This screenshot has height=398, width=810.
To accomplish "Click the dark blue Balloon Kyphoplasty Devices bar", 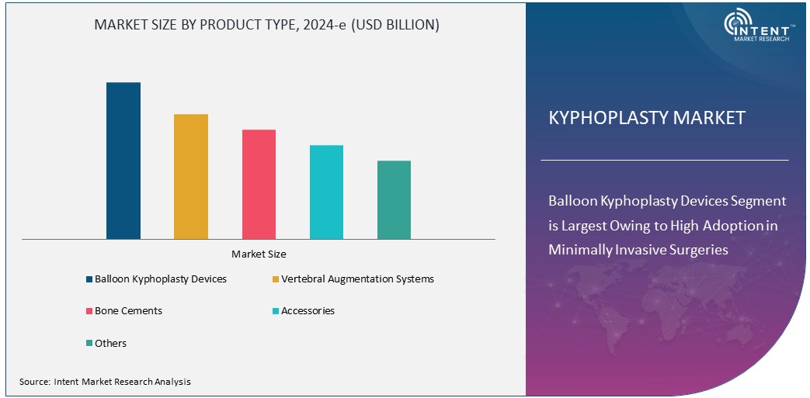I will pos(123,161).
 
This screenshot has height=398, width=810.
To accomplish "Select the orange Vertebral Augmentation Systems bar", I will pos(191,176).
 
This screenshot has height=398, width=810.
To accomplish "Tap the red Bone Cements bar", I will pos(259,184).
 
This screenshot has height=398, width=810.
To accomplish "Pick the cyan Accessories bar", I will pos(326,192).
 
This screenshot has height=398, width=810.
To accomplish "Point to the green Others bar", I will pos(394,199).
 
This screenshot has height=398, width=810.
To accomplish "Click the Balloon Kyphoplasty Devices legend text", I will pos(161,279).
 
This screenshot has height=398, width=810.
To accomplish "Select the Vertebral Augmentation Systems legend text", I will pos(357,279).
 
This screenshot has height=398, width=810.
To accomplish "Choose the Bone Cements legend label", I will pos(128,310).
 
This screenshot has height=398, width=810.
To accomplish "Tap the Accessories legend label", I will pos(308,310).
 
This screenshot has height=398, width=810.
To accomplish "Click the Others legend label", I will pos(110,343).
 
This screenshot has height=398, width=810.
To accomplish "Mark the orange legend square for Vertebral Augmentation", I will pos(276,279).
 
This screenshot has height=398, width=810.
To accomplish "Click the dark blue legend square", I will pos(89,279).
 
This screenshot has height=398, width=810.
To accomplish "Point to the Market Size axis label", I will pos(259,254).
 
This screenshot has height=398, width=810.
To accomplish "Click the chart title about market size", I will pos(266,25).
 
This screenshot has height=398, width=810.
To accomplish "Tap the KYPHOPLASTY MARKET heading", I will pos(647,118).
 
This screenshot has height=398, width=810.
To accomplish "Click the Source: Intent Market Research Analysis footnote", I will pos(105,382).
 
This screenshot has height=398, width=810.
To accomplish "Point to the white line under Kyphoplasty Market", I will pos(664,160).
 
